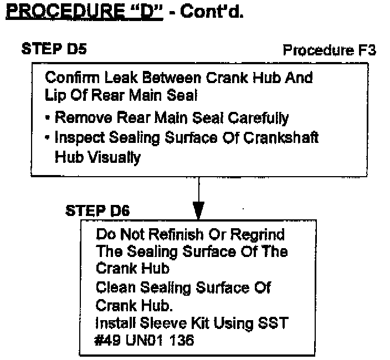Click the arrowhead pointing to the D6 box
pyautogui.click(x=198, y=210)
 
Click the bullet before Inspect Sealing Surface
pyautogui.click(x=48, y=137)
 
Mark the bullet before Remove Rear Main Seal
pyautogui.click(x=48, y=117)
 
